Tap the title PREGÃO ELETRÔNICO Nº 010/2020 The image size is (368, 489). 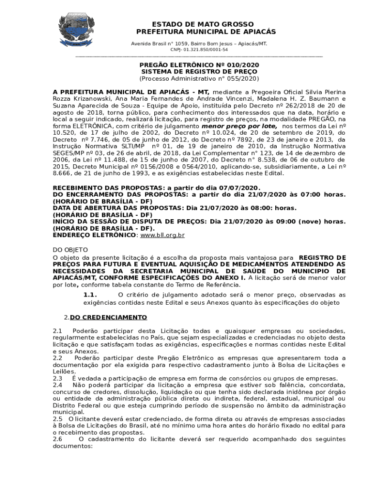199,64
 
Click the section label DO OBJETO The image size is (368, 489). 70,250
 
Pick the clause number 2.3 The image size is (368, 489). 57,378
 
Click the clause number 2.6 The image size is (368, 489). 57,439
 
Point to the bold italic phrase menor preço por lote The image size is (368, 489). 239,126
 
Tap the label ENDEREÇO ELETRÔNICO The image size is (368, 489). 94,235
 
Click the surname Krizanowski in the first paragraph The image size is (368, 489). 74,99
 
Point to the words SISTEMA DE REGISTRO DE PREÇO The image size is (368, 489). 199,72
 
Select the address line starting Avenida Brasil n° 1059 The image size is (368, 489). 199,43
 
